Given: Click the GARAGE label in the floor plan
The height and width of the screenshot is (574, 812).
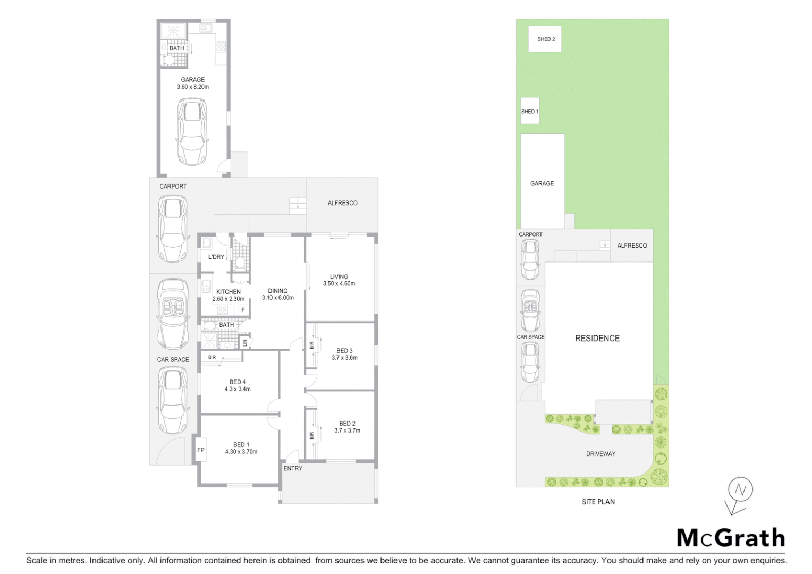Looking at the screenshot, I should tap(192, 80).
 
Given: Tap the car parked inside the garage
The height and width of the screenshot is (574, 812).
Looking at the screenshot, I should tap(192, 131).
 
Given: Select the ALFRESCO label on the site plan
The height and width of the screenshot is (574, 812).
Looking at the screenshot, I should tap(632, 246).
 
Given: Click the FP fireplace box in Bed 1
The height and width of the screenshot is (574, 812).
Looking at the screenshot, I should tap(201, 450).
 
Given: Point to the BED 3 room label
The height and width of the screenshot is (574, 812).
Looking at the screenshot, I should tap(344, 351).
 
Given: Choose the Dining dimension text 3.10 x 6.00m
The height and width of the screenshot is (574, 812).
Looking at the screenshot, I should tap(277, 298).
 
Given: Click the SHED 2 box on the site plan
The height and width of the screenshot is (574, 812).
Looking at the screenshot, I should tap(545, 39).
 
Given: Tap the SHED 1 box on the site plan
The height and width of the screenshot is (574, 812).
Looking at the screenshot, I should tap(530, 111).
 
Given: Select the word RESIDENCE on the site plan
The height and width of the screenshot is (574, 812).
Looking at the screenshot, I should tap(597, 338).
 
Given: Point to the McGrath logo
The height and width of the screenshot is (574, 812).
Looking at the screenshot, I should tap(730, 538).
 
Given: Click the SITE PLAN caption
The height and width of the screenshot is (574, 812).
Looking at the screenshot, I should tap(598, 502).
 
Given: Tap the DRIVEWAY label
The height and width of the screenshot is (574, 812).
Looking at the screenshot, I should tap(600, 454).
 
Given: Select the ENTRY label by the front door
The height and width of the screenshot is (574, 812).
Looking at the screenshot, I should tap(293, 468).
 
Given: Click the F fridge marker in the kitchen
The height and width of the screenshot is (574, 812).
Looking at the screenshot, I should tap(243, 310).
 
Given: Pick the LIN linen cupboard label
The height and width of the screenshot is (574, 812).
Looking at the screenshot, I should tap(245, 343).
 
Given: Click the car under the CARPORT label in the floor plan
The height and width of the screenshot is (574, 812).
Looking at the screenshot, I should tap(173, 229).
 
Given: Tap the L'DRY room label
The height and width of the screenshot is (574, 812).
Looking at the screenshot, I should tap(216, 257).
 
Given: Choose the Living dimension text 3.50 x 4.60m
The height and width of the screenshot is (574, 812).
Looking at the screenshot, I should tap(339, 284).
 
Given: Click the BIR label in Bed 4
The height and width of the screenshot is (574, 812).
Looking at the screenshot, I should tap(212, 357).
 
